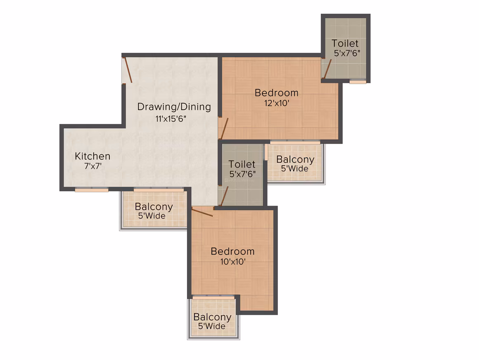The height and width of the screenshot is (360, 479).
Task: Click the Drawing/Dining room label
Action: click(x=174, y=107)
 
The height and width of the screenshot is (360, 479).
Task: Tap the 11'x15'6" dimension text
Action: click(x=171, y=119)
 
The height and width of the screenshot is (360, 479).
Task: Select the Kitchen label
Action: click(x=92, y=156)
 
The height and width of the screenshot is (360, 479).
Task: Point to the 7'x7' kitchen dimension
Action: click(x=93, y=166)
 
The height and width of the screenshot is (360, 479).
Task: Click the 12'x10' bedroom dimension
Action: click(x=277, y=103)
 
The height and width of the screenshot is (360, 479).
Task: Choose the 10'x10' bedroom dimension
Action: click(x=233, y=262)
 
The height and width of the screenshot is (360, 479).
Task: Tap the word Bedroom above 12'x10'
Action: click(x=277, y=93)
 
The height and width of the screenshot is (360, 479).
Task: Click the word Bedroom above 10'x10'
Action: click(x=232, y=251)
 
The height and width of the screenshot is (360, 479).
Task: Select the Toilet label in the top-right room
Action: click(x=345, y=43)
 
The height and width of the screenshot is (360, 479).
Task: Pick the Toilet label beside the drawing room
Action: click(x=242, y=164)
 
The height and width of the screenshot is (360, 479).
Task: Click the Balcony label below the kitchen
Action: click(x=154, y=207)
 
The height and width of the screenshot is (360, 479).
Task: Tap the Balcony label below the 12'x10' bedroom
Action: click(x=295, y=160)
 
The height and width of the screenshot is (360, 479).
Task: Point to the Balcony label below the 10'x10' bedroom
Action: click(x=212, y=317)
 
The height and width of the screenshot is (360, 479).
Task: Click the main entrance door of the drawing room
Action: click(x=127, y=70)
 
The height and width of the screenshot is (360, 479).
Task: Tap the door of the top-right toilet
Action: click(x=327, y=69)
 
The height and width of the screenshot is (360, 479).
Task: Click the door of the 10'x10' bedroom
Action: click(x=202, y=212)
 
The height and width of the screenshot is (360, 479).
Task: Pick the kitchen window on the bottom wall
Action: click(x=92, y=190)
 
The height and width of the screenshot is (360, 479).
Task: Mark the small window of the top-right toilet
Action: click(x=358, y=82)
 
